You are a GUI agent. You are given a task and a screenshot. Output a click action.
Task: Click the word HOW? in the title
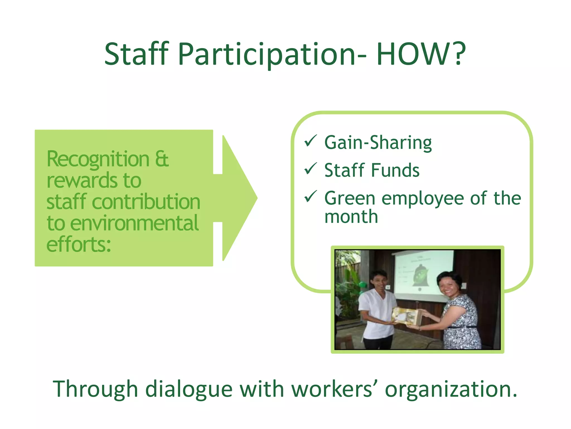coord(421,54)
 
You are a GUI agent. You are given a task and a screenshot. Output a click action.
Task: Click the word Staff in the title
coord(137,54)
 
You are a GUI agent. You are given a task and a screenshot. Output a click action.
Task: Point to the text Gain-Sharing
coord(378,143)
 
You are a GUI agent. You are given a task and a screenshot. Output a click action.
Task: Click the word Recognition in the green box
coord(98,159)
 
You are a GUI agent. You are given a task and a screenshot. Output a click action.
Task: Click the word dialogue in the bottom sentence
coord(189,389)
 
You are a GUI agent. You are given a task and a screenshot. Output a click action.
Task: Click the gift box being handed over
coord(406,316)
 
